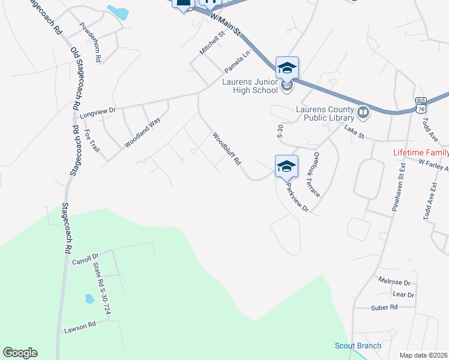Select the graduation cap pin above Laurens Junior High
pyautogui.click(x=287, y=67)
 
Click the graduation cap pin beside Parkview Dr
pyautogui.click(x=287, y=166)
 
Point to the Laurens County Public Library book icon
pyautogui.click(x=363, y=112)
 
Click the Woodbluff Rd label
pyautogui.click(x=226, y=149)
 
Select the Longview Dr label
pyautogui.click(x=97, y=112)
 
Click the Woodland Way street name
pyautogui.click(x=142, y=133)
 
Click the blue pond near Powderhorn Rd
pyautogui.click(x=118, y=11)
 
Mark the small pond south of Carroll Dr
pyautogui.click(x=90, y=298)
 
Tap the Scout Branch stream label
pyautogui.click(x=358, y=346)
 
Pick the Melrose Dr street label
pyautogui.click(x=394, y=281)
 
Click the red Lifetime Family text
pyautogui.click(x=420, y=152)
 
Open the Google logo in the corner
pyautogui.click(x=20, y=353)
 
